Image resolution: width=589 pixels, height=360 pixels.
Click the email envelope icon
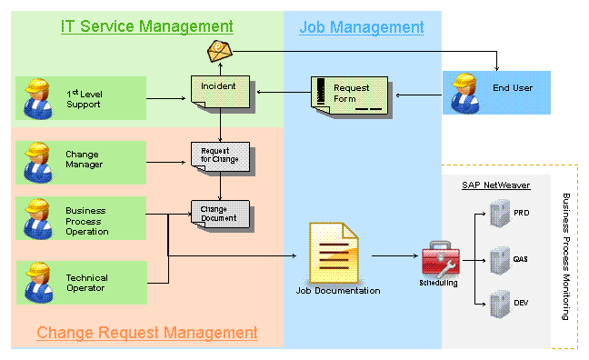(220, 51)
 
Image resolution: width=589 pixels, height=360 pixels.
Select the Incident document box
(221, 92)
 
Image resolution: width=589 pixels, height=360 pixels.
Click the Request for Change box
(221, 157)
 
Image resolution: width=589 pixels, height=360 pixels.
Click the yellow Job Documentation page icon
(334, 253)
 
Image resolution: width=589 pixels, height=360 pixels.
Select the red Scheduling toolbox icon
(440, 259)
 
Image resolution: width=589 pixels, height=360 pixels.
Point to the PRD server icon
(500, 214)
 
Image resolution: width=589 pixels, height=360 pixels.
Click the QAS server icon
(500, 260)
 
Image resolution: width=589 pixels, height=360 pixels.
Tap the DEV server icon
(500, 304)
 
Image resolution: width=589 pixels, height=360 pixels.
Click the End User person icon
(465, 94)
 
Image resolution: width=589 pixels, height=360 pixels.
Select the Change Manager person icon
(38, 163)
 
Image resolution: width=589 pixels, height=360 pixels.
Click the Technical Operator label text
(86, 283)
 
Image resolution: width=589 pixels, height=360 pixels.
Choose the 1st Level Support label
(85, 99)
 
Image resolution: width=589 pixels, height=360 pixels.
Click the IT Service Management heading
(147, 26)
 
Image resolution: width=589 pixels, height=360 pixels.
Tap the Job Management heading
(362, 27)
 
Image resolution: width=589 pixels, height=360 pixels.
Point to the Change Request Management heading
(147, 333)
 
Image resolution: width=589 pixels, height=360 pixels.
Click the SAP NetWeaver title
(496, 185)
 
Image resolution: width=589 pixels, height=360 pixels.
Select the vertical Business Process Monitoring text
(566, 256)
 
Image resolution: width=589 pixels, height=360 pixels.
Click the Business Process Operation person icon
(38, 219)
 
